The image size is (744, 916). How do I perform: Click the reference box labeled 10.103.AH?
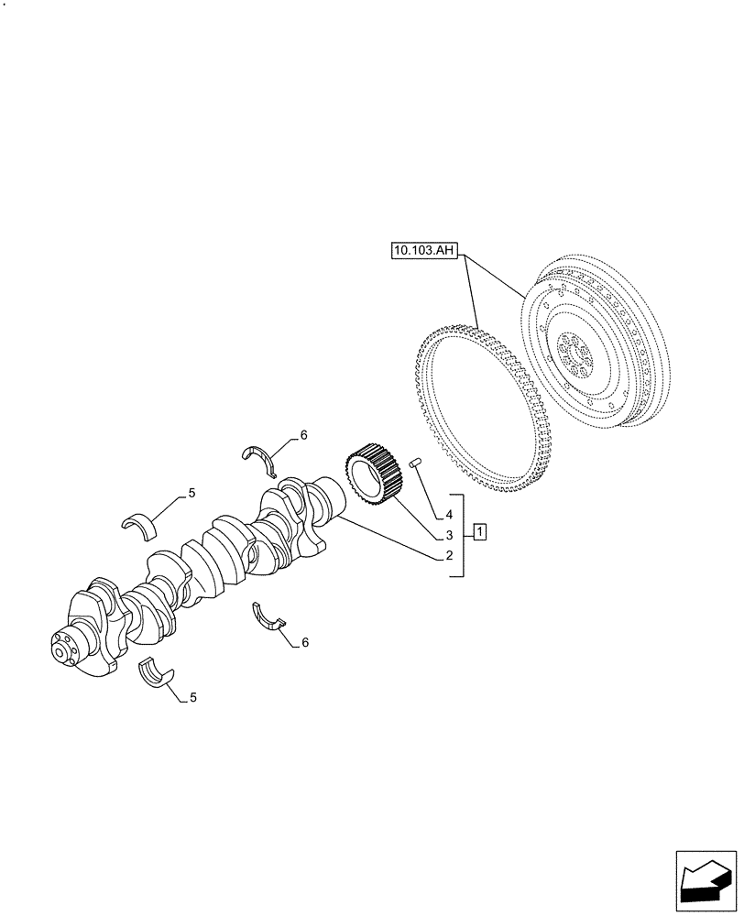423,249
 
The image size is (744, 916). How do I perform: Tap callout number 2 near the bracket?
450,555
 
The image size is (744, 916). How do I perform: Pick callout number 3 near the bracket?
450,534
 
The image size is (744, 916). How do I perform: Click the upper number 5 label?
191,494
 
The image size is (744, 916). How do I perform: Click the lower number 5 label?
192,697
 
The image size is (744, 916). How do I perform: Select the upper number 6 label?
304,434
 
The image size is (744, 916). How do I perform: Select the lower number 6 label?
304,642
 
